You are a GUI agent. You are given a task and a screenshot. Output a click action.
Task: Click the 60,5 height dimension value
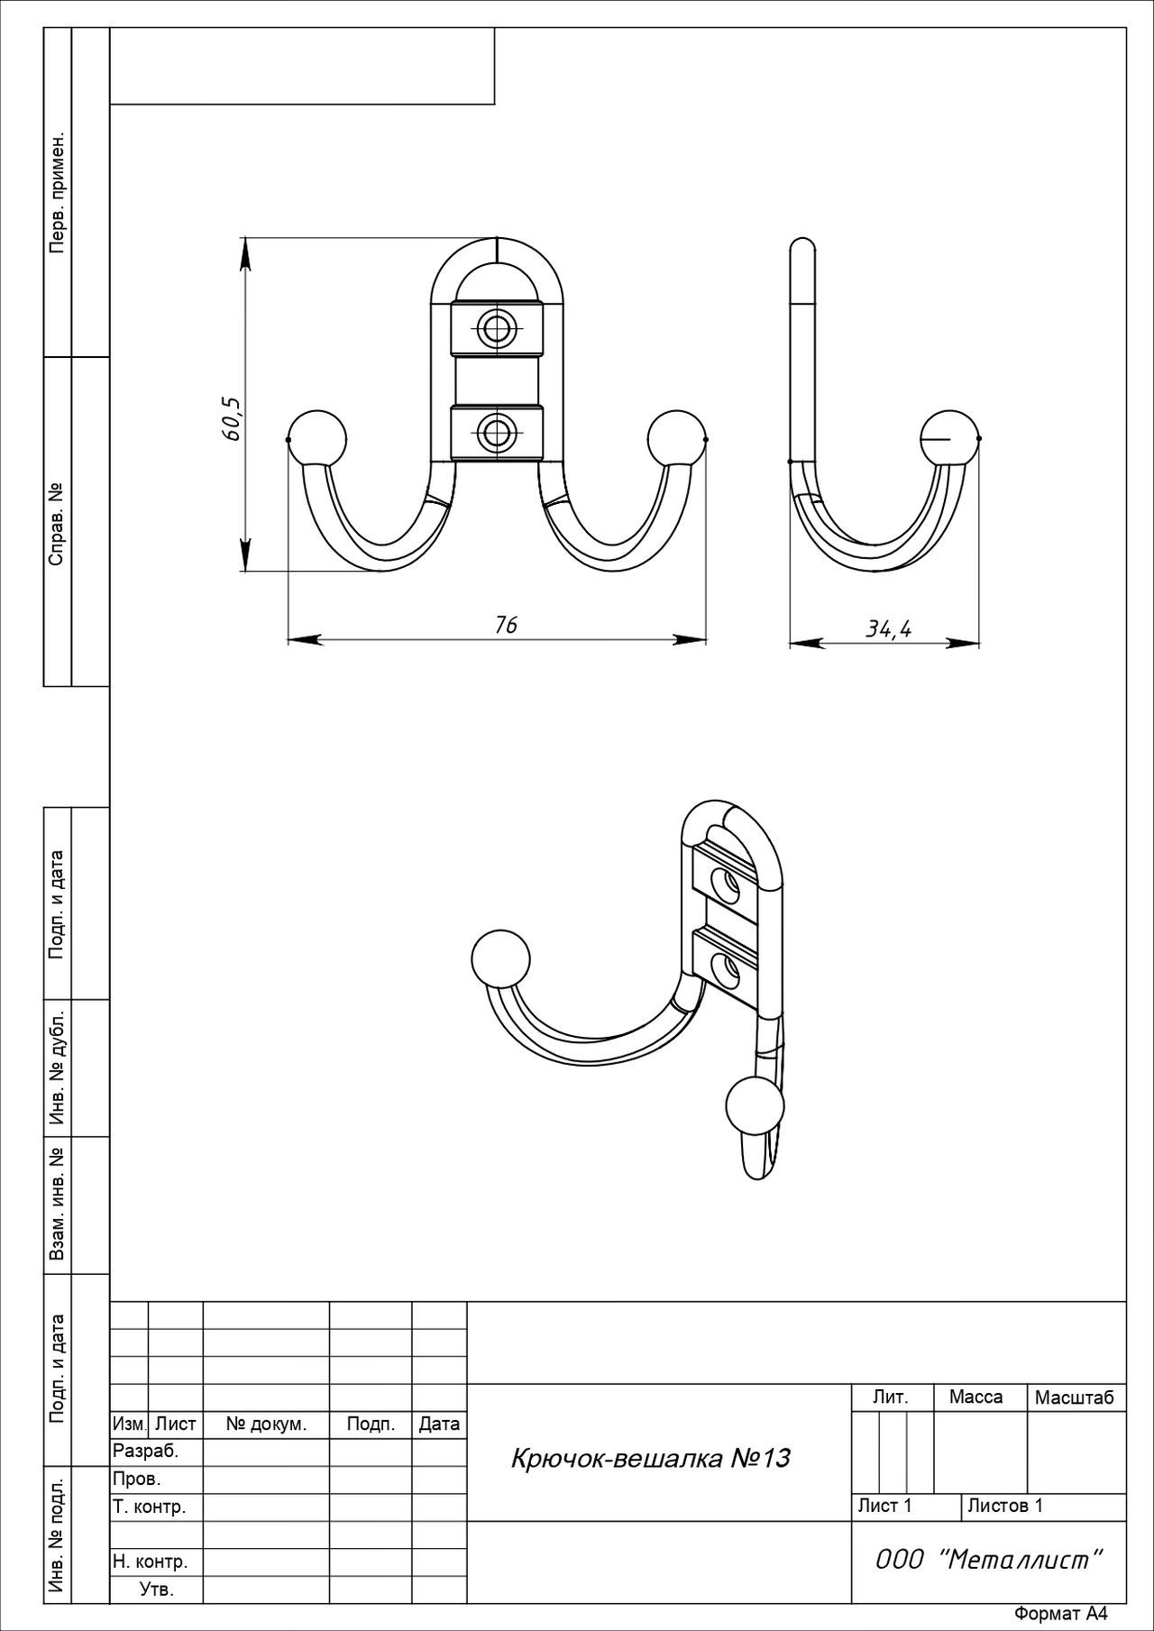coord(233,417)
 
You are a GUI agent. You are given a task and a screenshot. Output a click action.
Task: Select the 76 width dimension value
coord(506,625)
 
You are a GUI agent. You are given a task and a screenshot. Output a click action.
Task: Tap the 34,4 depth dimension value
coord(889,628)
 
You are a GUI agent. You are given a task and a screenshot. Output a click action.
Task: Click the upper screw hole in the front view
coord(496,328)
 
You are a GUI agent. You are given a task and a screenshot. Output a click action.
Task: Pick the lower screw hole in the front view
coord(496,434)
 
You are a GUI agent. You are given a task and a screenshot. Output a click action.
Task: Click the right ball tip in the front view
coord(676,439)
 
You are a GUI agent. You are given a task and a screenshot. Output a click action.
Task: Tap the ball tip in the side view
coord(950,438)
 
